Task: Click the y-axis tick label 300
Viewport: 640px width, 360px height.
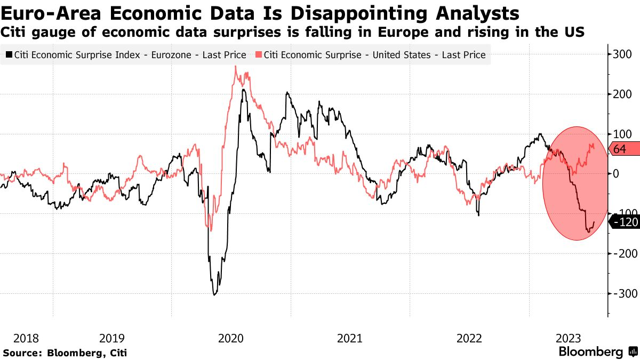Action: (x=622, y=54)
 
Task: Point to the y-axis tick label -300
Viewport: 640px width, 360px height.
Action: (x=622, y=294)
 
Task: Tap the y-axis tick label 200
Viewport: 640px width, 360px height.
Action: (x=622, y=94)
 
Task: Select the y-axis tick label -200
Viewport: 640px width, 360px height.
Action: (x=622, y=254)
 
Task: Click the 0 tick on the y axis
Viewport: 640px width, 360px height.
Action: (x=617, y=174)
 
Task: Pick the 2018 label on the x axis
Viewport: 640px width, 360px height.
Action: (x=26, y=338)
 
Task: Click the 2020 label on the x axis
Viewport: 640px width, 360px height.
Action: (x=231, y=338)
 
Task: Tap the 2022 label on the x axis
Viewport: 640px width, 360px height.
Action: (x=469, y=338)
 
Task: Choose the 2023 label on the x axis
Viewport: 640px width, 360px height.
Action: (x=568, y=338)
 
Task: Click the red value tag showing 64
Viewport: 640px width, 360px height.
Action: (x=622, y=149)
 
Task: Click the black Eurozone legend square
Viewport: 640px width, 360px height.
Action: (x=9, y=55)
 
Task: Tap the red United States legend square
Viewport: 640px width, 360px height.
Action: (x=258, y=55)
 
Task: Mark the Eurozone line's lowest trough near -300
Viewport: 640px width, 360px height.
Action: (x=214, y=294)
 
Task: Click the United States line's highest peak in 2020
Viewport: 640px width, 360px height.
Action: (x=236, y=67)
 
